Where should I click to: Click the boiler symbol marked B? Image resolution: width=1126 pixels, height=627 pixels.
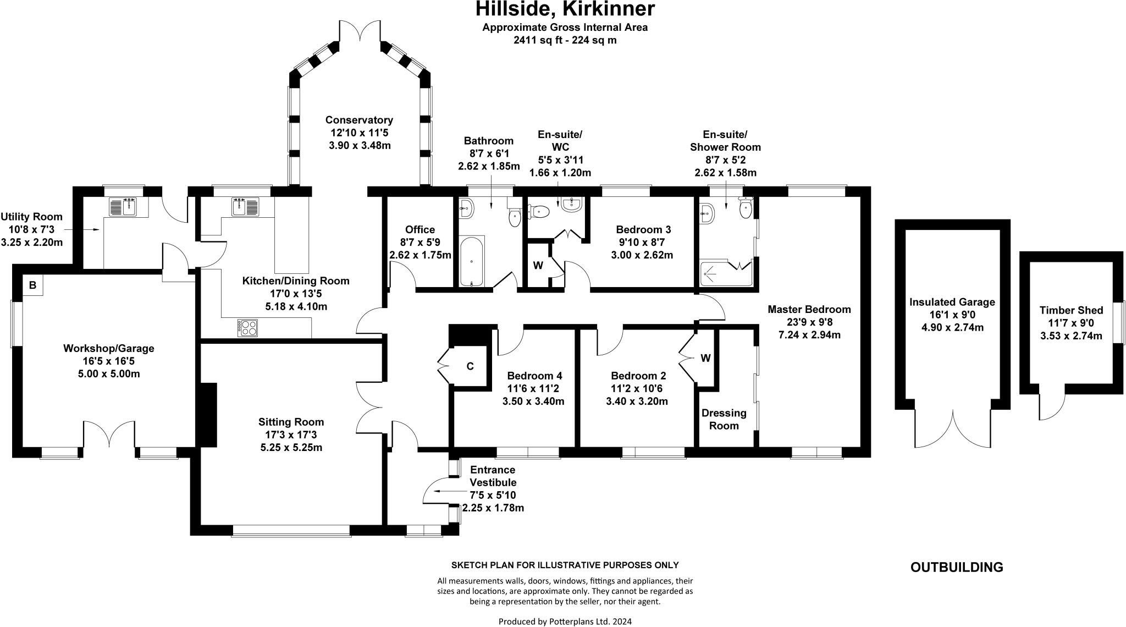coord(32,285)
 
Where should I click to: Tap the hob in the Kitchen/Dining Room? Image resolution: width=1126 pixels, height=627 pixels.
coord(247,328)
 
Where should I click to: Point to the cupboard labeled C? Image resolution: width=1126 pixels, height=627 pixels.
coord(470,366)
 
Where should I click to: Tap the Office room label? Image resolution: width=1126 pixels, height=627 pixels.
coord(420,229)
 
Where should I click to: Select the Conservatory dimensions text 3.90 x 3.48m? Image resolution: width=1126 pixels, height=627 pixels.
coord(360,145)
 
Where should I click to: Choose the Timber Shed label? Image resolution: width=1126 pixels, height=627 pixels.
coord(1071,310)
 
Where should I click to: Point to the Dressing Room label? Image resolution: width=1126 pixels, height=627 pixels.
coord(724,419)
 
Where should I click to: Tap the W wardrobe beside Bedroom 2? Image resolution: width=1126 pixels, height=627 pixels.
coord(705,358)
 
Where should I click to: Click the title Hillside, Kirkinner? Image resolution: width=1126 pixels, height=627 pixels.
coord(565,9)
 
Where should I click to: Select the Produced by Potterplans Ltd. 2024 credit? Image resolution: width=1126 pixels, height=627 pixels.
coord(565,621)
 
